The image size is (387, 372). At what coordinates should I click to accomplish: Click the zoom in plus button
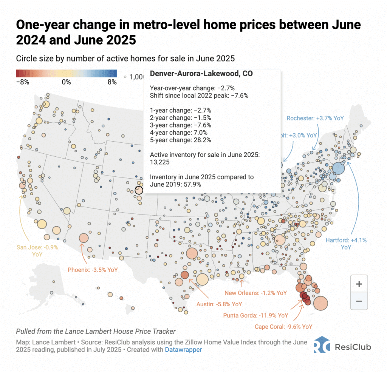(x=359, y=284)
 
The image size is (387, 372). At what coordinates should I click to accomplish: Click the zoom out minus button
(x=359, y=301)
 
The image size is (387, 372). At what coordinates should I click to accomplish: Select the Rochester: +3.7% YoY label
(x=315, y=118)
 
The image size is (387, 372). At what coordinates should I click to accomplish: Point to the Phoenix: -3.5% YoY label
(x=92, y=270)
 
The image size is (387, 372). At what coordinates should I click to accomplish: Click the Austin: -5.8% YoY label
(x=219, y=304)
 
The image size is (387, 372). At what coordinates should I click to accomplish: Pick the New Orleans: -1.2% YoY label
(x=255, y=293)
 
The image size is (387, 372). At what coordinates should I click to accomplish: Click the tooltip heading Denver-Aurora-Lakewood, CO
(x=201, y=74)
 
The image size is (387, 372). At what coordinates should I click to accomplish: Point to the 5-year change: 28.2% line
(x=180, y=140)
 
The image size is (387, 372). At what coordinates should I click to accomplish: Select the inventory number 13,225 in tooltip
(x=160, y=162)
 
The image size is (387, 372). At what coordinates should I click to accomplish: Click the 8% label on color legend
(x=112, y=82)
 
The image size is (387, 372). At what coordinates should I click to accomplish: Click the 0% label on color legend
(x=66, y=82)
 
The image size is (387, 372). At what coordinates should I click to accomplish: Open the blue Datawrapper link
(x=183, y=350)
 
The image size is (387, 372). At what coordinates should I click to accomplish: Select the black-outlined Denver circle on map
(x=139, y=190)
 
